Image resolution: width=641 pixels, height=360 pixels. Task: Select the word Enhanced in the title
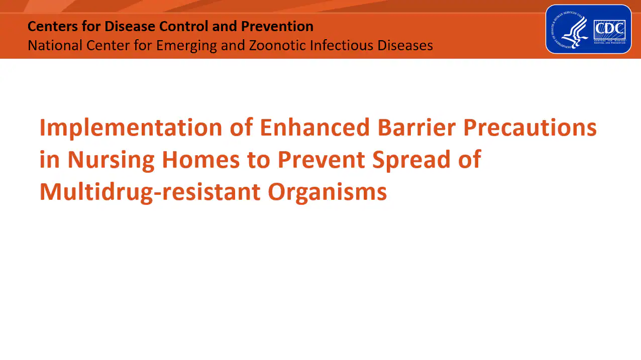click(314, 128)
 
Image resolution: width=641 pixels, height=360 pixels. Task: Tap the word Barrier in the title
click(416, 128)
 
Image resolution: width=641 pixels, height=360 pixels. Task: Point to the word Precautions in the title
click(529, 128)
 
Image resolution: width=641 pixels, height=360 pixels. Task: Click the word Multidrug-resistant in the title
click(150, 192)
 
